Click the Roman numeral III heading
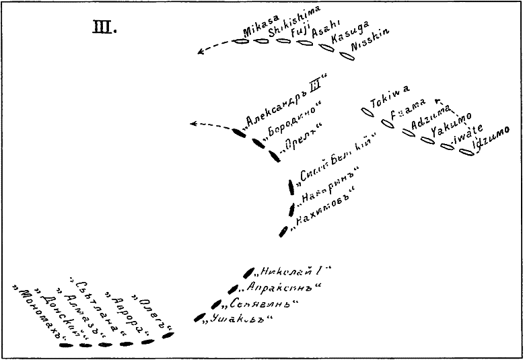[x=104, y=29]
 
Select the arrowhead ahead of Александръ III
[x=195, y=123]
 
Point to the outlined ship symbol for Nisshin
[x=346, y=55]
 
